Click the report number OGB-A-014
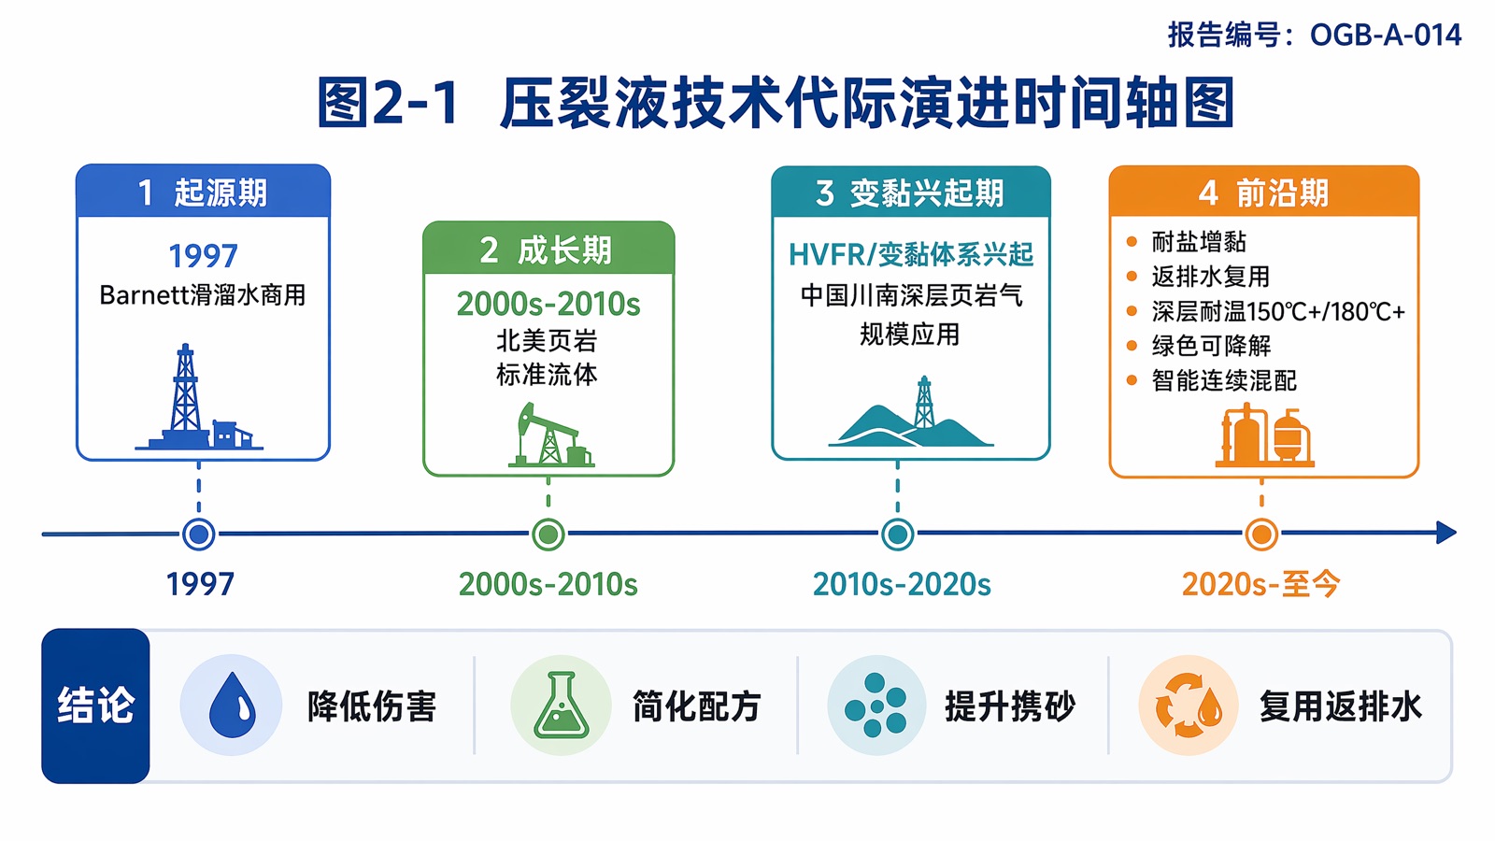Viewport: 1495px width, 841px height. point(1386,35)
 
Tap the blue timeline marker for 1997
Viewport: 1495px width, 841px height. point(199,534)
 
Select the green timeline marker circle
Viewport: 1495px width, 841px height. point(548,534)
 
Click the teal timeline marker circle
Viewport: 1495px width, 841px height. point(898,534)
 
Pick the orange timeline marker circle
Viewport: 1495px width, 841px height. point(1261,534)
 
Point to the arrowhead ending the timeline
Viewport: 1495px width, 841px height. point(1447,533)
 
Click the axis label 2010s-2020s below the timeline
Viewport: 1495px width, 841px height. point(902,585)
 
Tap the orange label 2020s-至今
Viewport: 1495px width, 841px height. point(1260,585)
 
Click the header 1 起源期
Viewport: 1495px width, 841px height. point(203,192)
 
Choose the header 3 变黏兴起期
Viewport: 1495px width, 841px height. point(911,192)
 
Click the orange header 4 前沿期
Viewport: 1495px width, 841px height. point(1264,192)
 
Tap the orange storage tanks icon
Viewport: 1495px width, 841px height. point(1264,435)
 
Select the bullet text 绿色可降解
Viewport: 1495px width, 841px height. point(1211,346)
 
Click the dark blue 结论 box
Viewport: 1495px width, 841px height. point(95,706)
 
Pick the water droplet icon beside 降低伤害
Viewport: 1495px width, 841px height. point(232,705)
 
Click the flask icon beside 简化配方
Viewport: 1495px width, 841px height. point(562,705)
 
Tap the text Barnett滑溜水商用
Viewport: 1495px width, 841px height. point(202,295)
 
